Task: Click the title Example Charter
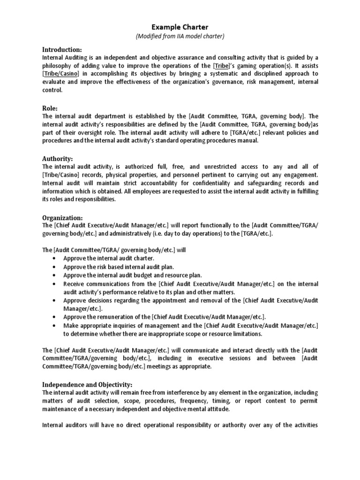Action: pyautogui.click(x=180, y=27)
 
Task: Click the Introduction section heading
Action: pyautogui.click(x=62, y=50)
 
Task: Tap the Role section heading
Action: pyautogui.click(x=50, y=108)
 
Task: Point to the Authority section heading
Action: pyautogui.click(x=58, y=158)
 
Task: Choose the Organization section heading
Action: pyautogui.click(x=62, y=217)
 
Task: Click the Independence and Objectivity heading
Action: pyautogui.click(x=88, y=384)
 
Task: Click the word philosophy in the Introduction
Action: pyautogui.click(x=58, y=66)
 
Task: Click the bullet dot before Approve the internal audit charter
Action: pyautogui.click(x=55, y=258)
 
